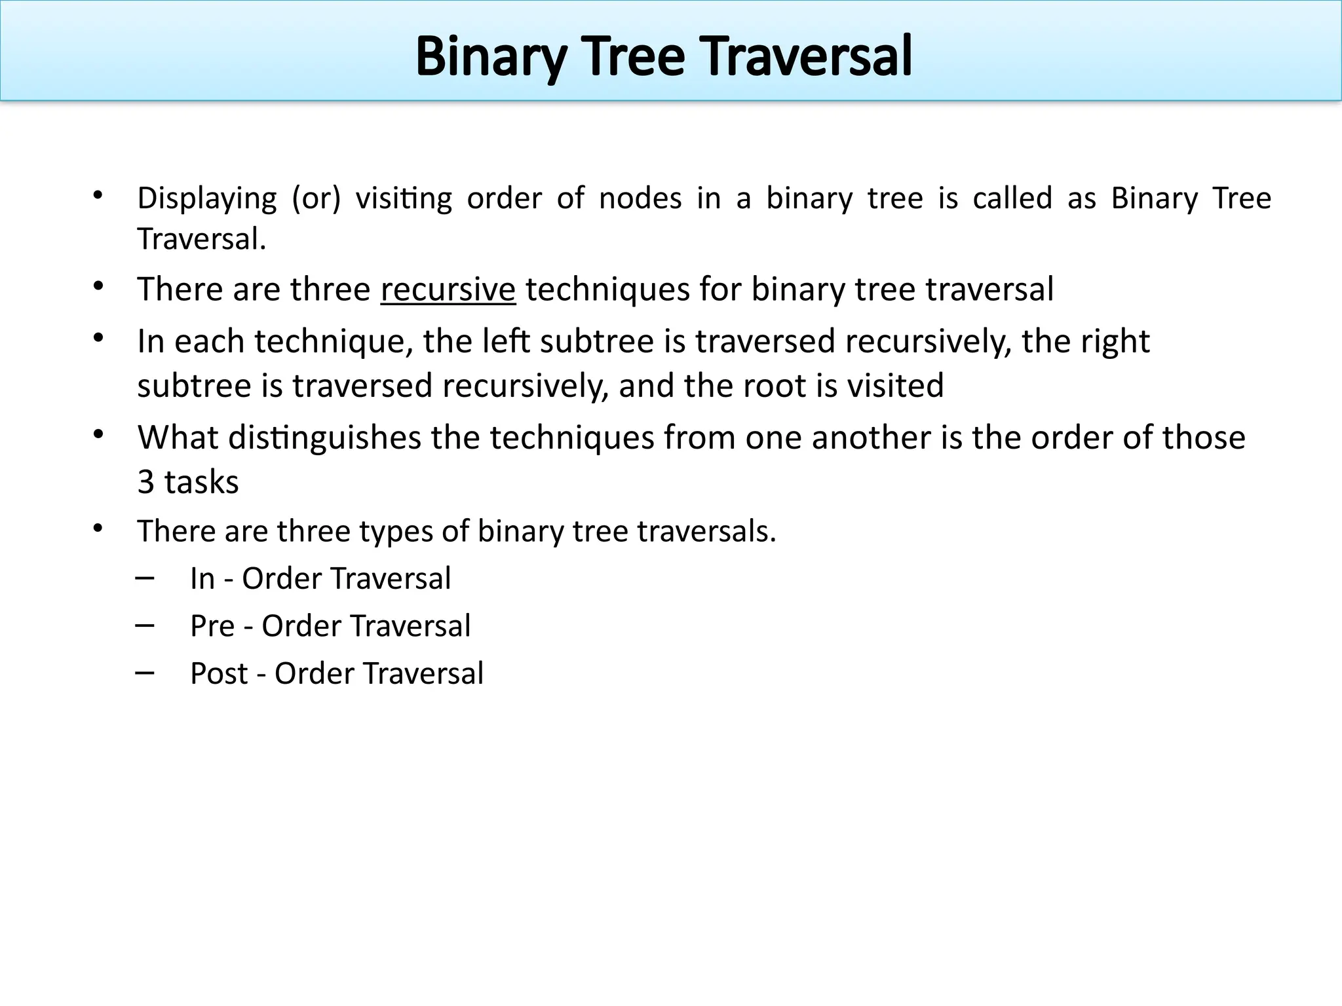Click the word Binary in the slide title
(491, 58)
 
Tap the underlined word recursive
(448, 289)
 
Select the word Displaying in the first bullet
(207, 198)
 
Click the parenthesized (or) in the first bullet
(316, 198)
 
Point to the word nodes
(640, 198)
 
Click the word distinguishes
(324, 438)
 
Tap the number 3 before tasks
(145, 483)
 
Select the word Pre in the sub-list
(212, 626)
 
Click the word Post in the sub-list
(219, 674)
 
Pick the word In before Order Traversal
(202, 579)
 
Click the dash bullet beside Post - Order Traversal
(145, 672)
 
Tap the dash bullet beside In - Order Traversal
(145, 577)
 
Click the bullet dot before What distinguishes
(98, 434)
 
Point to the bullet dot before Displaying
(98, 195)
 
